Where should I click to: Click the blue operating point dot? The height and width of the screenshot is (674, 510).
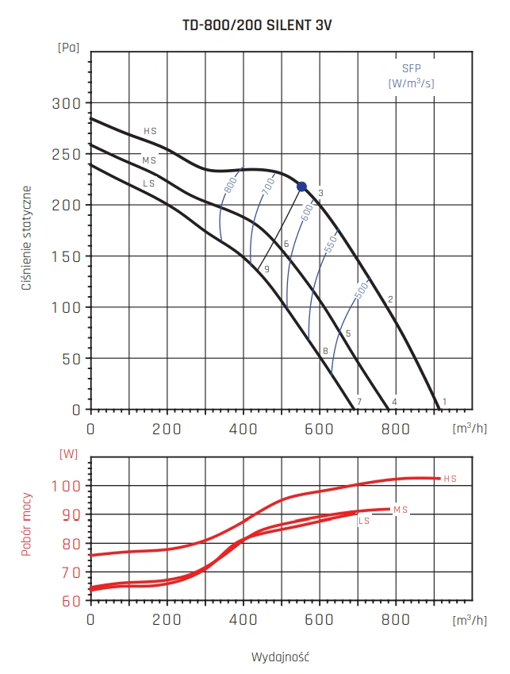(301, 187)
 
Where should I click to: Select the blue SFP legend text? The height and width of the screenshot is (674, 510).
(410, 67)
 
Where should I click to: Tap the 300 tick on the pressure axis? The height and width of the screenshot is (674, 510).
(67, 103)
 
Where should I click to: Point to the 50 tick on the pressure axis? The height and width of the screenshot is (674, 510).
(71, 359)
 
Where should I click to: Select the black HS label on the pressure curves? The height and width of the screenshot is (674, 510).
(150, 131)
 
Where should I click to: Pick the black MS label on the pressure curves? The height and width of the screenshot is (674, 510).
(149, 160)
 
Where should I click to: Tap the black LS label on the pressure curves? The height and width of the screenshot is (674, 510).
(149, 184)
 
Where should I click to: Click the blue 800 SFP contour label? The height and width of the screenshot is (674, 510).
(231, 186)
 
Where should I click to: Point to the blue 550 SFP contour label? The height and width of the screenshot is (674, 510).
(331, 244)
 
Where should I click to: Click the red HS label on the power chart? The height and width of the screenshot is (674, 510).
(450, 479)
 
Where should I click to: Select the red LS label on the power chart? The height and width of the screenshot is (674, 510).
(363, 521)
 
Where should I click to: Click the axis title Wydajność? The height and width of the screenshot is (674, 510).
(279, 657)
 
